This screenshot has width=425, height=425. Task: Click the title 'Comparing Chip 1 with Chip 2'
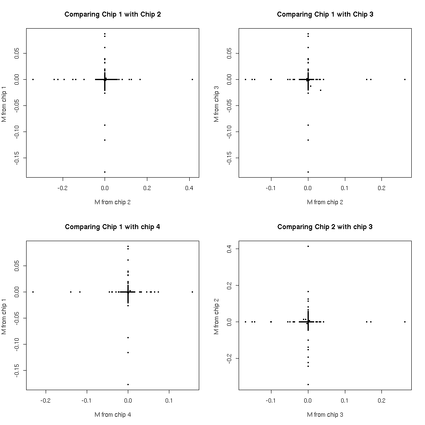coord(112,15)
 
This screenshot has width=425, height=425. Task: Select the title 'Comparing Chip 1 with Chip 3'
coord(325,15)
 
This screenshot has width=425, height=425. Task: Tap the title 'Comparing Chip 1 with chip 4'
coord(112,227)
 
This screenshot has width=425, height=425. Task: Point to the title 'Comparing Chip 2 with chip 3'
coord(325,227)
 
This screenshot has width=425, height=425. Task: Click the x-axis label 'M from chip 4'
coord(112,414)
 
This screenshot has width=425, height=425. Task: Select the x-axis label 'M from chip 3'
coord(325,414)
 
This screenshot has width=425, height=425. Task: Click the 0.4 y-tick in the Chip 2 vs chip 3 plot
coord(229,249)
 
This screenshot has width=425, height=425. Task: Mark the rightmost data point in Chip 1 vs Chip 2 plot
coord(193,79)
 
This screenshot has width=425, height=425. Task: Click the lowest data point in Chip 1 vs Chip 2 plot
coord(105,172)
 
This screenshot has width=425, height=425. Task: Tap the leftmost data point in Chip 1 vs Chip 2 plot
coord(33,79)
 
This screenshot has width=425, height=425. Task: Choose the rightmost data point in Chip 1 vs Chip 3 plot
coord(405,79)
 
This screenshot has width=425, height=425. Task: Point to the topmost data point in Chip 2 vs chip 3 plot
coord(308,246)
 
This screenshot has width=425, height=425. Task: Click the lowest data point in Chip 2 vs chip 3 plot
coord(308,384)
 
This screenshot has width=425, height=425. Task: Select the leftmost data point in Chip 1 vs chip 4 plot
coord(33,292)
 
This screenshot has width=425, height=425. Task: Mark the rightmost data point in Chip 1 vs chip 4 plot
coord(192,292)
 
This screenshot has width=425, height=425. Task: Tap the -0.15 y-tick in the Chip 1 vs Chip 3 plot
coord(229,158)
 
